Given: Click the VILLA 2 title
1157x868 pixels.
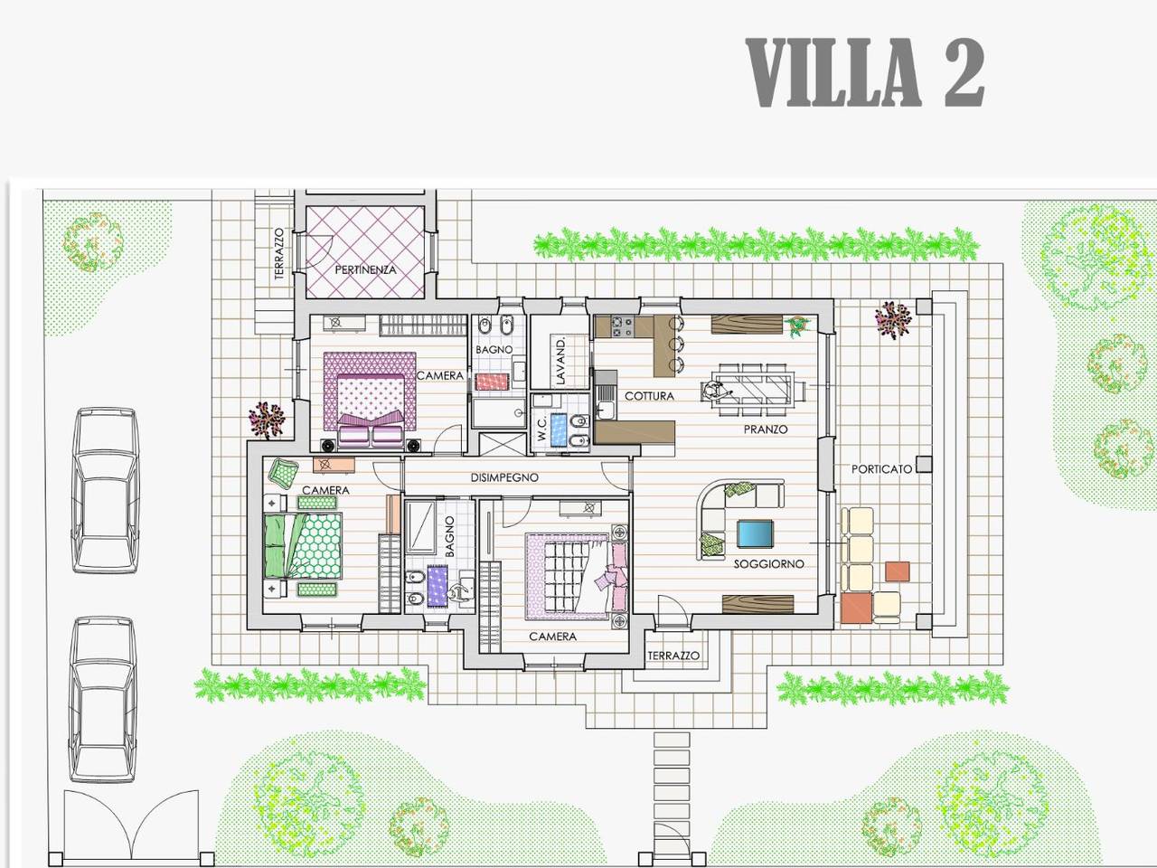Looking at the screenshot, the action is pyautogui.click(x=865, y=73).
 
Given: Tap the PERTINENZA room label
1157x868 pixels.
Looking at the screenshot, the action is pyautogui.click(x=365, y=269).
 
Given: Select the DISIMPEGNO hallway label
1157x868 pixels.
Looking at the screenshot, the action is pyautogui.click(x=504, y=477).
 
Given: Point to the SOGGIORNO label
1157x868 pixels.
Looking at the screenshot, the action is pyautogui.click(x=769, y=564).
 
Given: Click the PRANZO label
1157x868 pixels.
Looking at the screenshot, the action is pyautogui.click(x=766, y=429).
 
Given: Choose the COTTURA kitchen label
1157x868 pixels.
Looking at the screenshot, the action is pyautogui.click(x=649, y=396).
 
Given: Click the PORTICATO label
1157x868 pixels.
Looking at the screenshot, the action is pyautogui.click(x=881, y=468).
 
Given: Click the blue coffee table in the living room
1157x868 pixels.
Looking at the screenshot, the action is pyautogui.click(x=756, y=535).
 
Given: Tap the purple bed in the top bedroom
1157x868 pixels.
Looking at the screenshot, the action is pyautogui.click(x=370, y=401).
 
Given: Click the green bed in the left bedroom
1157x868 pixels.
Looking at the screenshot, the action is pyautogui.click(x=303, y=546).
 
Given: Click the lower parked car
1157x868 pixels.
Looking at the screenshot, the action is pyautogui.click(x=102, y=701).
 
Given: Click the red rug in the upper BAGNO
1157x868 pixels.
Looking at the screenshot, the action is pyautogui.click(x=493, y=382).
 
